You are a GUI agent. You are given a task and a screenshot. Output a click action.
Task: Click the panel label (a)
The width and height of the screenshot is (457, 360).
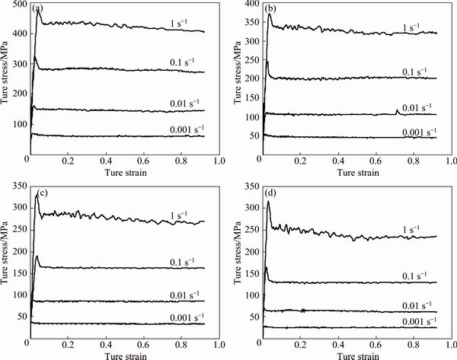37,10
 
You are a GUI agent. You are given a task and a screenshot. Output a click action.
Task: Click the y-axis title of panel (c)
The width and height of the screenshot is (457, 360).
6,263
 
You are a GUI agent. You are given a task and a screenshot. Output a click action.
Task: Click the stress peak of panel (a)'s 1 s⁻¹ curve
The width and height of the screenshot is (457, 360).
38,11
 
